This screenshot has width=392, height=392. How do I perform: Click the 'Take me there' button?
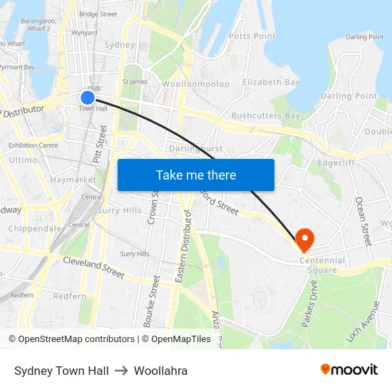(196, 175)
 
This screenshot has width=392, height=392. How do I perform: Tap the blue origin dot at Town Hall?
(88, 98)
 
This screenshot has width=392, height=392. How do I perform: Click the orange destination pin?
(305, 239)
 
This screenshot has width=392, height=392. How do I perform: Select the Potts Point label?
(252, 36)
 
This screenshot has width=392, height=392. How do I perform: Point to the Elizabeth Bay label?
(271, 82)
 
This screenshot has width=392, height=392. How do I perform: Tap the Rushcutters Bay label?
(266, 115)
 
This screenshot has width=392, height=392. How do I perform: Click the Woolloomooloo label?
(196, 84)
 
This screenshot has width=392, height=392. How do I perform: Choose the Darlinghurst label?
(196, 148)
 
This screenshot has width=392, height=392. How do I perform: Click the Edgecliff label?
(336, 162)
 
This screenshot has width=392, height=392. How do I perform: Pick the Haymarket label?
(73, 180)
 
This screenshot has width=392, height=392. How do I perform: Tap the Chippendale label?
(35, 229)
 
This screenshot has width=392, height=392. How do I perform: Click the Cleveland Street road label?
(93, 267)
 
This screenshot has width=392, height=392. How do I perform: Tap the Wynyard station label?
(85, 33)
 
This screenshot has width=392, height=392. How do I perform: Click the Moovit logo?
(349, 369)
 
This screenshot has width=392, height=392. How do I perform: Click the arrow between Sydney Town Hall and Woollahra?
(120, 371)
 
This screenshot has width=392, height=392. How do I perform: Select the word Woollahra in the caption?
(160, 371)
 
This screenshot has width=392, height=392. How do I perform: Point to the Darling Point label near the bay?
(349, 96)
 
